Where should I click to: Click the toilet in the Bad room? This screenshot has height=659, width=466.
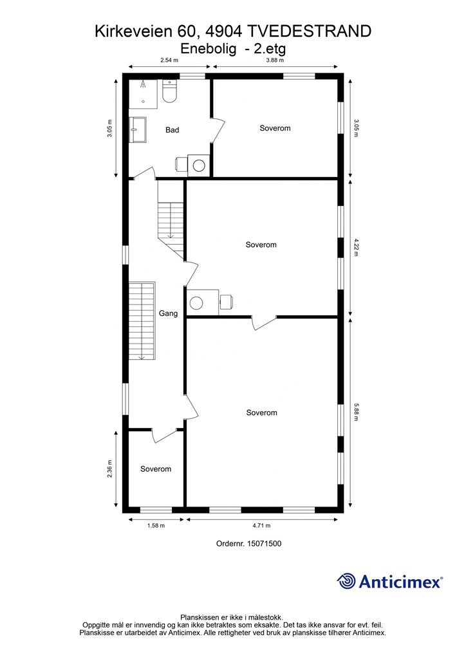(169, 91)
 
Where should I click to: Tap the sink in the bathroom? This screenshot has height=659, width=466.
(137, 129)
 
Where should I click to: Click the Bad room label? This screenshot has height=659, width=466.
(172, 130)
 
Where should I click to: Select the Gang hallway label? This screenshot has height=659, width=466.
(168, 313)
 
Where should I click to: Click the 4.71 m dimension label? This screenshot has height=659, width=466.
(261, 525)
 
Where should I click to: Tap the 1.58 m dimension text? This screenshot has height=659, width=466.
(156, 525)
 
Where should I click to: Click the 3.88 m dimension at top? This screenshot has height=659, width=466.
(275, 60)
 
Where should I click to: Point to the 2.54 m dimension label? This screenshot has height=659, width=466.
(169, 60)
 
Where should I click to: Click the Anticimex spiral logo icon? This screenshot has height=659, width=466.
(346, 581)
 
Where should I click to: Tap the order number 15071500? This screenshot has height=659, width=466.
(265, 543)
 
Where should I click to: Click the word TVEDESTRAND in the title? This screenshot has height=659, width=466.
(309, 31)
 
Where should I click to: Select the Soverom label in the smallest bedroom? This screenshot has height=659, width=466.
(156, 469)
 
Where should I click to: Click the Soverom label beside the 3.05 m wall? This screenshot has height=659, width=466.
(275, 128)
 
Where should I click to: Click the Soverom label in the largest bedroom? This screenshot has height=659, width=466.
(262, 413)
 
